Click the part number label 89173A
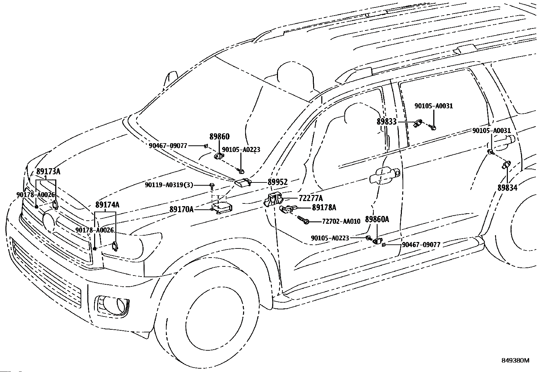pos(48,172)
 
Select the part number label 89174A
pos(107,205)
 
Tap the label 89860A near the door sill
pos(377,219)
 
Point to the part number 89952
pos(278,182)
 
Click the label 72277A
pos(311,198)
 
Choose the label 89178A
pos(324,207)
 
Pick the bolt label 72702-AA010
pos(341,221)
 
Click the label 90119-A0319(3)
pos(169,185)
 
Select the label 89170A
pos(181,209)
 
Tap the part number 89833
pos(387,122)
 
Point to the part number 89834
pos(508,188)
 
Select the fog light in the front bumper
pos(113,306)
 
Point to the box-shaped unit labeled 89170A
pos(222,207)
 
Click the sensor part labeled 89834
pos(505,165)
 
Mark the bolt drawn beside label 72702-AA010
pos(303,220)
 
